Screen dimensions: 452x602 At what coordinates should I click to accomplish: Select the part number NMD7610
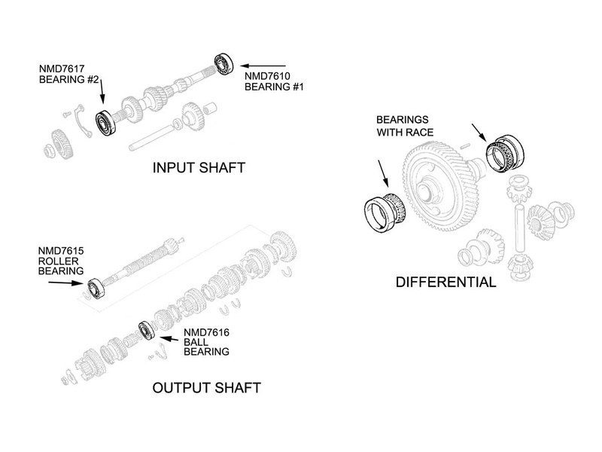tap(268, 76)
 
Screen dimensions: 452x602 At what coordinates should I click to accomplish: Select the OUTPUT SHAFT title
tap(206, 389)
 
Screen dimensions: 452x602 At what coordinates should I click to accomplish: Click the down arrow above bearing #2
tap(102, 93)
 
